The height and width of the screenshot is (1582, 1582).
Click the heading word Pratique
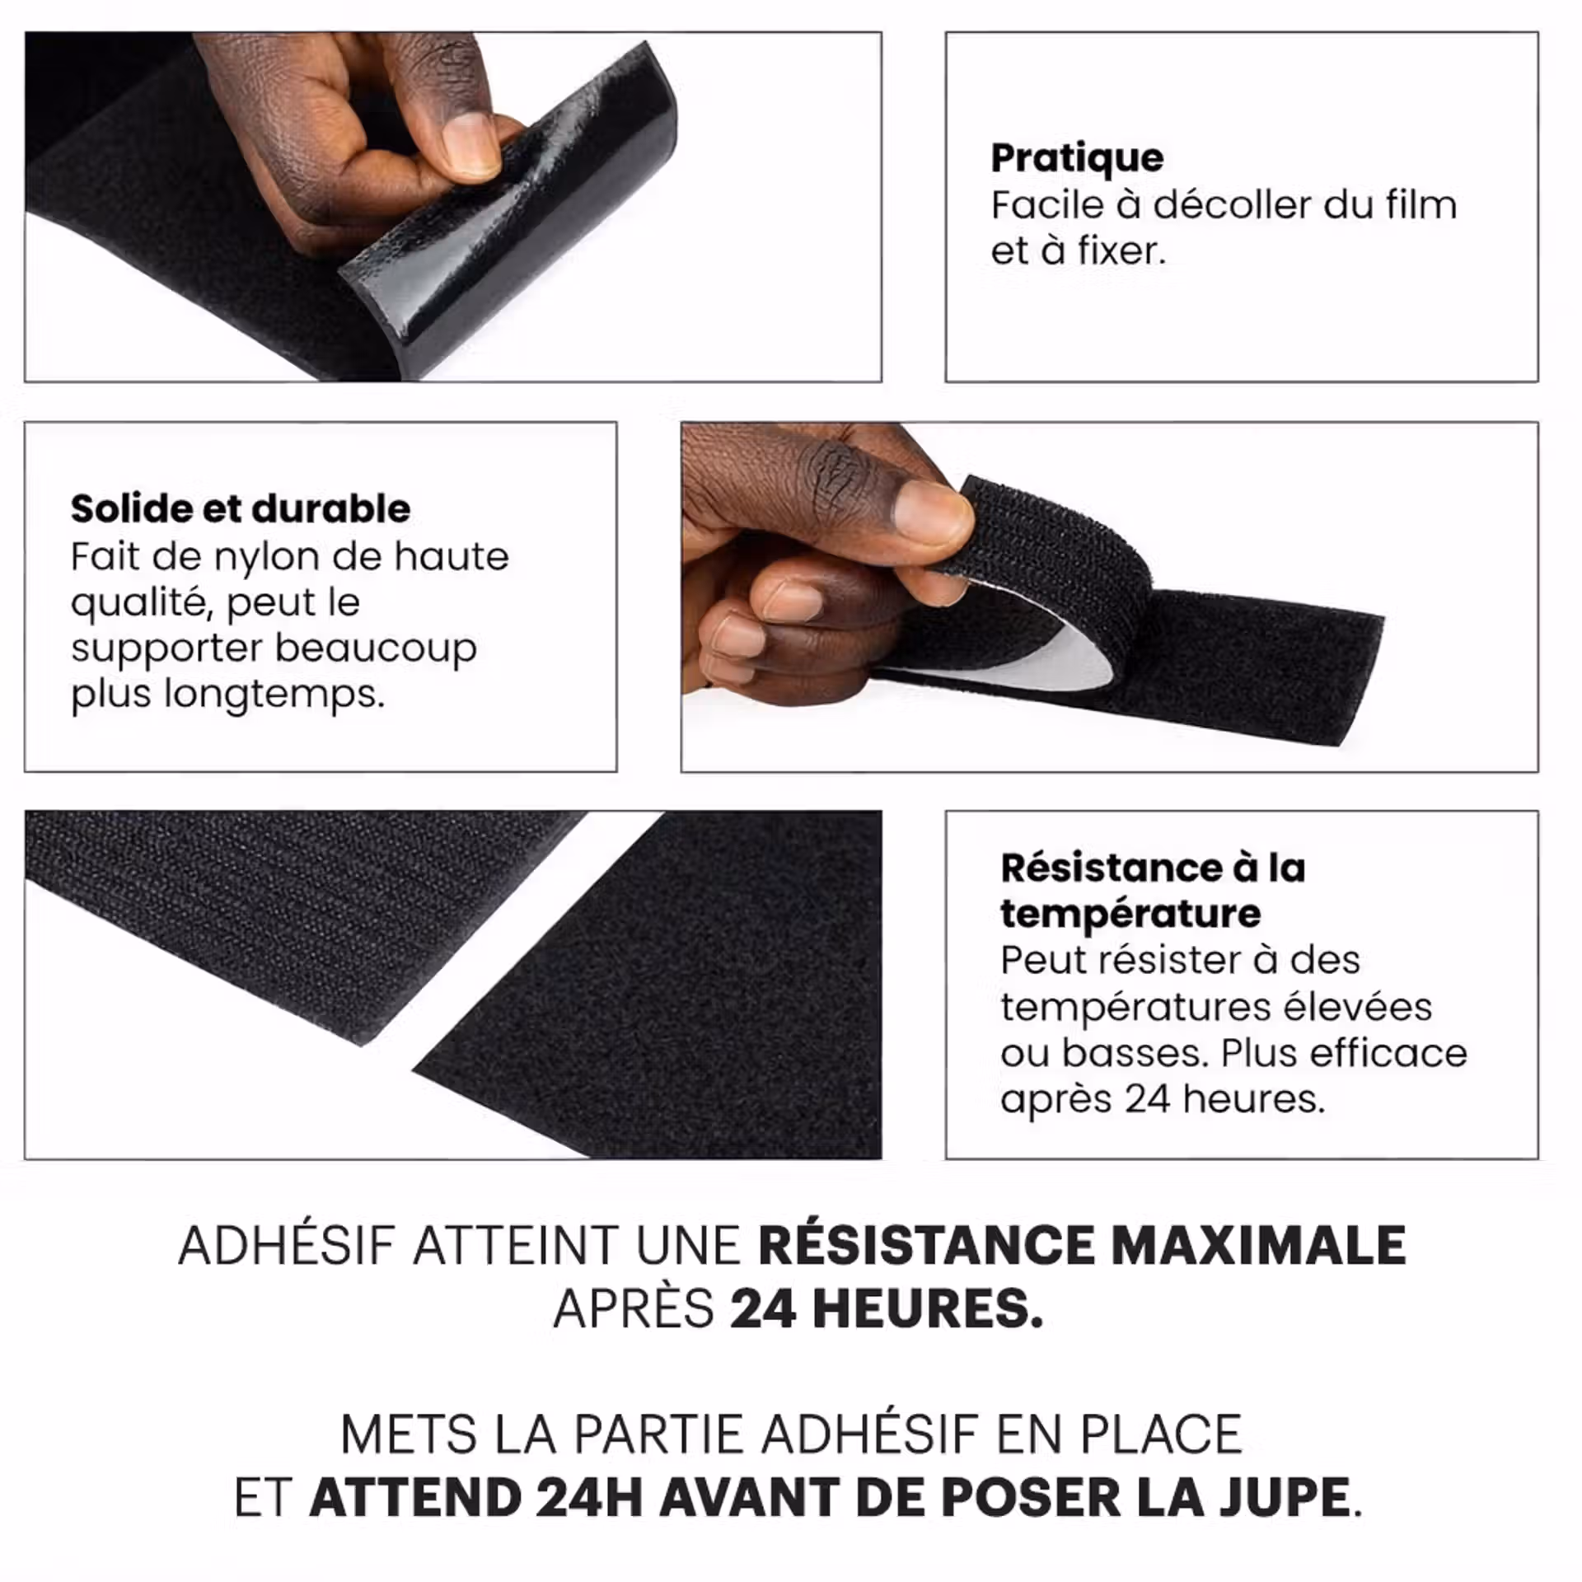(x=1077, y=159)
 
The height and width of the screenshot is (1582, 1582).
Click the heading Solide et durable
(x=241, y=508)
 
